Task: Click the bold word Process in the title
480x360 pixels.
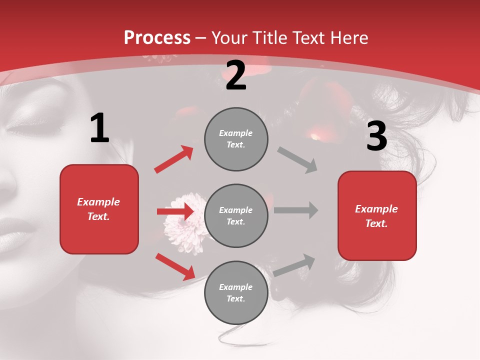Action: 157,38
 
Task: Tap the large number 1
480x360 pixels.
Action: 99,128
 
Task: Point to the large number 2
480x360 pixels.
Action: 236,75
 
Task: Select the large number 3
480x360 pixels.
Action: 376,136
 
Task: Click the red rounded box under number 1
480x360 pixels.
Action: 99,209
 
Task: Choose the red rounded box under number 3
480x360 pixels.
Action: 377,216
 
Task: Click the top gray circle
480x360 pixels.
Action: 236,139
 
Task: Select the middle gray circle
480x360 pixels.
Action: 236,216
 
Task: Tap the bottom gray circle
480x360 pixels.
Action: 236,293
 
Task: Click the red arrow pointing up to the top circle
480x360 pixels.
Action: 174,159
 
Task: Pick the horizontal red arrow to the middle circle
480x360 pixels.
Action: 175,211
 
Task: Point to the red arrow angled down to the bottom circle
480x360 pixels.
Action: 175,266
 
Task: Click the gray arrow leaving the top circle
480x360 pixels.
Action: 297,160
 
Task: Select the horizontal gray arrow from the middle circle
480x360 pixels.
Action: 296,210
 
